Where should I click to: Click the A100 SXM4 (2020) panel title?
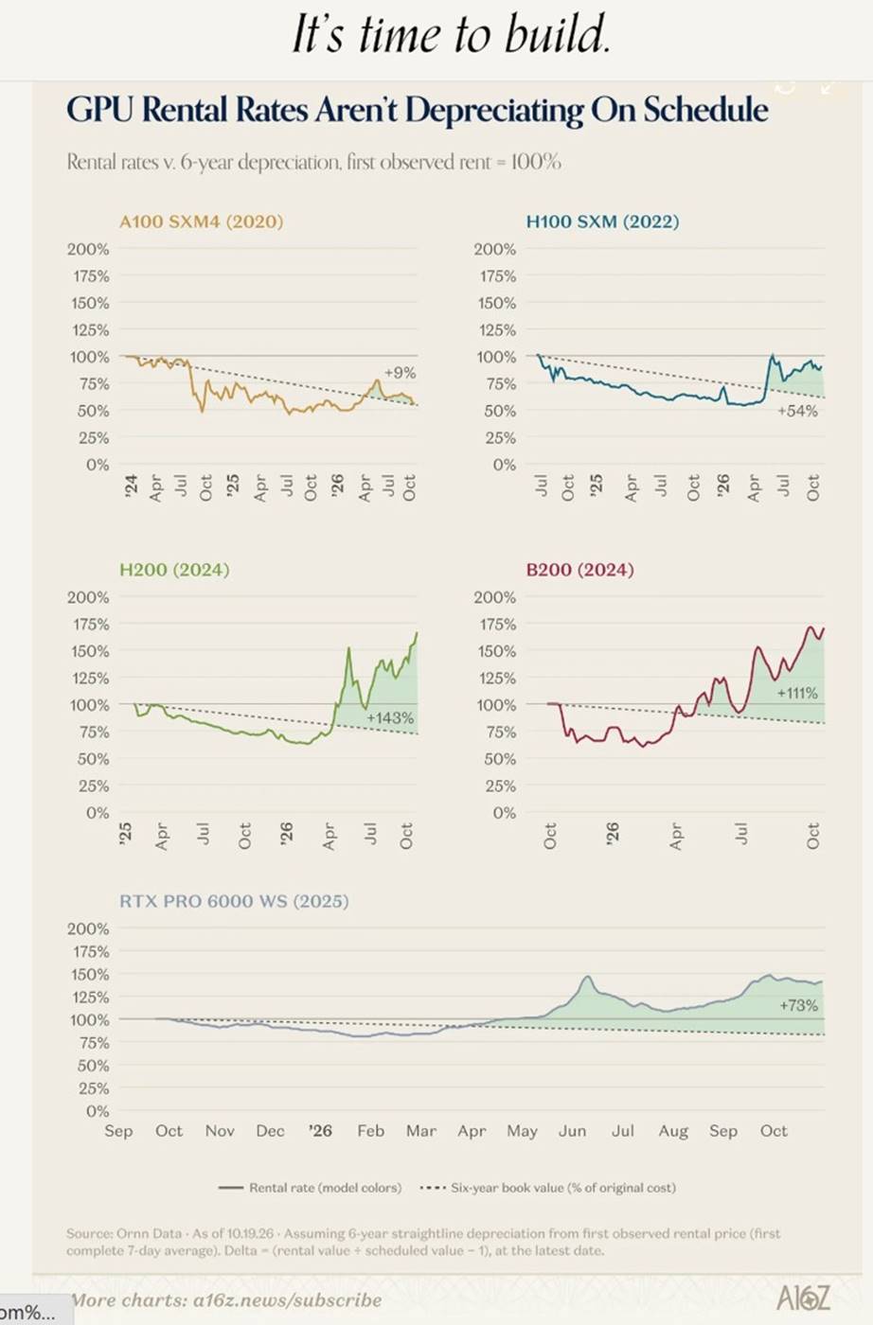(x=202, y=221)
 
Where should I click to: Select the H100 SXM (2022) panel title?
(x=602, y=221)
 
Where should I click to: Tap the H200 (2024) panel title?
(x=174, y=570)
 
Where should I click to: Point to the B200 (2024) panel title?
(x=580, y=570)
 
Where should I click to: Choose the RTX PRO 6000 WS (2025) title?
(x=234, y=901)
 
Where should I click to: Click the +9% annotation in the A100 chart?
(x=401, y=373)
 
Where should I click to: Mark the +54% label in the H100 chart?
(x=798, y=411)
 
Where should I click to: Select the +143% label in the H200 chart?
(x=391, y=718)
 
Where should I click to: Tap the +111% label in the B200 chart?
(x=797, y=693)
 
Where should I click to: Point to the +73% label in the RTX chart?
(x=799, y=1005)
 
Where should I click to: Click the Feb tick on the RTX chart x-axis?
(x=371, y=1130)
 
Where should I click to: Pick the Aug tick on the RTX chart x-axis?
(x=673, y=1131)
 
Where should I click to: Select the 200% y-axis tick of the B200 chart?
(x=495, y=597)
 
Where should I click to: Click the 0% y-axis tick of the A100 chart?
(x=98, y=465)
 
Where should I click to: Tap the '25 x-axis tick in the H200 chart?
(x=125, y=834)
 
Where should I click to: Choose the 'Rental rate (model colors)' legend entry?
(x=311, y=1188)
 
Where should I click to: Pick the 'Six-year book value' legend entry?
(x=547, y=1188)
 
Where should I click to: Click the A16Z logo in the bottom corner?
(x=803, y=1298)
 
